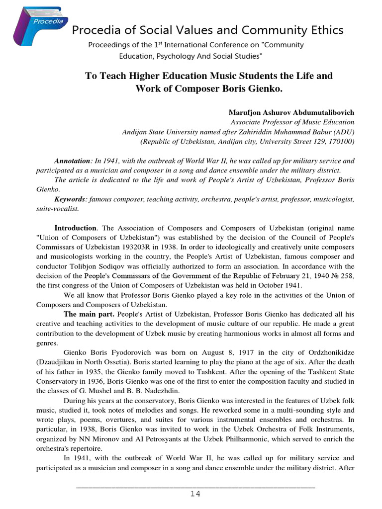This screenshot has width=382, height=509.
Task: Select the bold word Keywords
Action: coord(69,199)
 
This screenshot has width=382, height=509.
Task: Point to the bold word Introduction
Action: coord(75,228)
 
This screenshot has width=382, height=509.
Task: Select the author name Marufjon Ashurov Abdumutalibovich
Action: coord(291,113)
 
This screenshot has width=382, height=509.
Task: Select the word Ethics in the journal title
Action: coord(324,31)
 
